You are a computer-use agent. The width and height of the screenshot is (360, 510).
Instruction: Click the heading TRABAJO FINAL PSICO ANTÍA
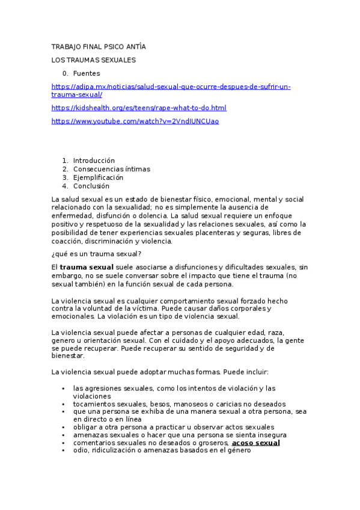tap(99, 46)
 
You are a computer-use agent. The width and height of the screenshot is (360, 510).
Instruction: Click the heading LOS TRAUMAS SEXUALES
tap(94, 60)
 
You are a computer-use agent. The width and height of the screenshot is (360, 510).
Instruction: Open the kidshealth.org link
tap(139, 108)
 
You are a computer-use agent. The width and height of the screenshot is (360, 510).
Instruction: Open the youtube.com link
tap(135, 121)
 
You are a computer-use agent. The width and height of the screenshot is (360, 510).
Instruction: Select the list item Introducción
tap(94, 161)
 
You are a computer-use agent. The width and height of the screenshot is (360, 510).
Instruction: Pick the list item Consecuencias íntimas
tap(111, 169)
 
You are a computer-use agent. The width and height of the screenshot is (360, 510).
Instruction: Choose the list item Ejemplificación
tap(98, 177)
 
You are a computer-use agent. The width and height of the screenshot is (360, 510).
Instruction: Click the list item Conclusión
tap(91, 186)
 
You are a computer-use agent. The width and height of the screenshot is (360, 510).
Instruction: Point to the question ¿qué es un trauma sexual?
tap(97, 254)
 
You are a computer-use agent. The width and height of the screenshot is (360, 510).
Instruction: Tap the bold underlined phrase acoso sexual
tap(256, 443)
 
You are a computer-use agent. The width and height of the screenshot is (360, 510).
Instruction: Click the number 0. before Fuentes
tap(66, 73)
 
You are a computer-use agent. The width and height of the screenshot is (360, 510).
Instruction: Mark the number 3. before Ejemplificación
tap(66, 177)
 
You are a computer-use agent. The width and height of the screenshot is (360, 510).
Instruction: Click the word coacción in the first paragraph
tap(68, 241)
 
